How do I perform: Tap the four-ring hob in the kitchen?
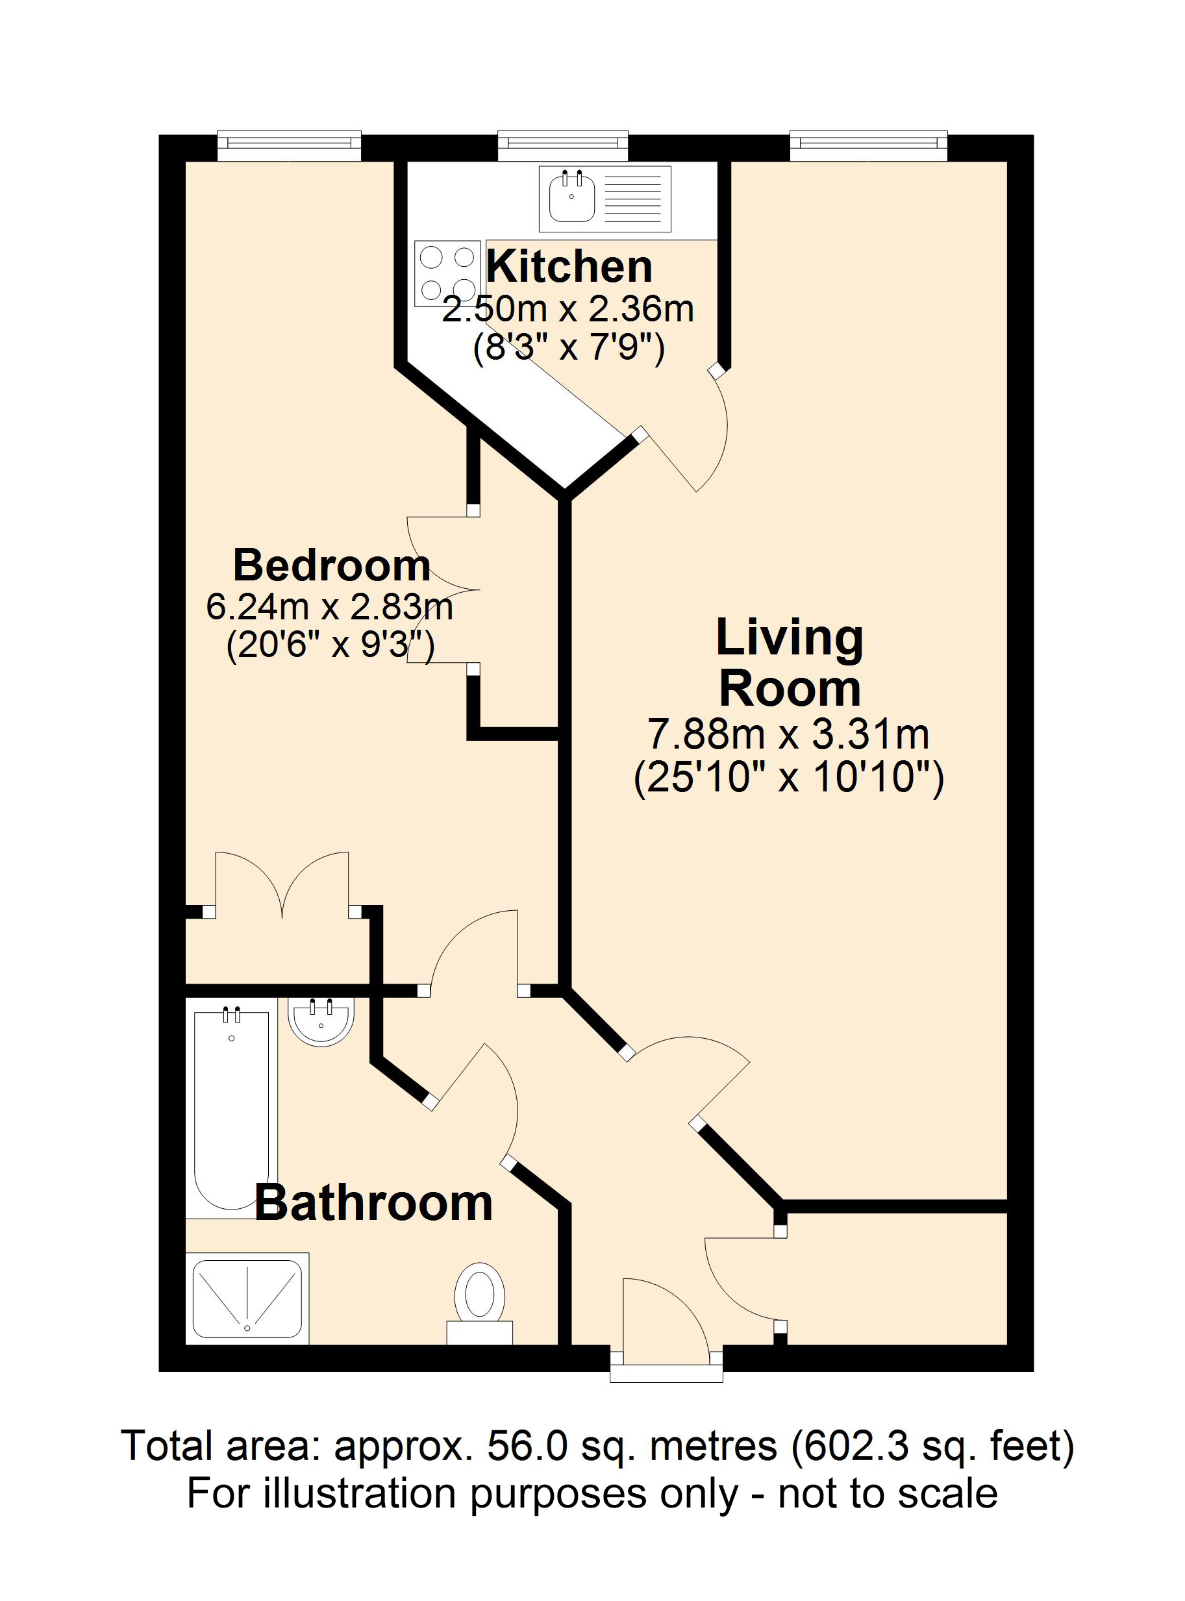tap(447, 273)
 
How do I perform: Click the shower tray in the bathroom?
tap(247, 1298)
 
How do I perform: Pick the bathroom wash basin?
tap(321, 1021)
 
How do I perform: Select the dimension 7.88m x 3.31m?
tap(788, 734)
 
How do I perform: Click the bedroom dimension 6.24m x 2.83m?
tap(329, 607)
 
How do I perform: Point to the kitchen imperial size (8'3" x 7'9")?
tap(568, 349)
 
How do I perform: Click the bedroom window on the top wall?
tap(288, 145)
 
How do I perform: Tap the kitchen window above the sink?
tap(562, 145)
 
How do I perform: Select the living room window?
tap(869, 145)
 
